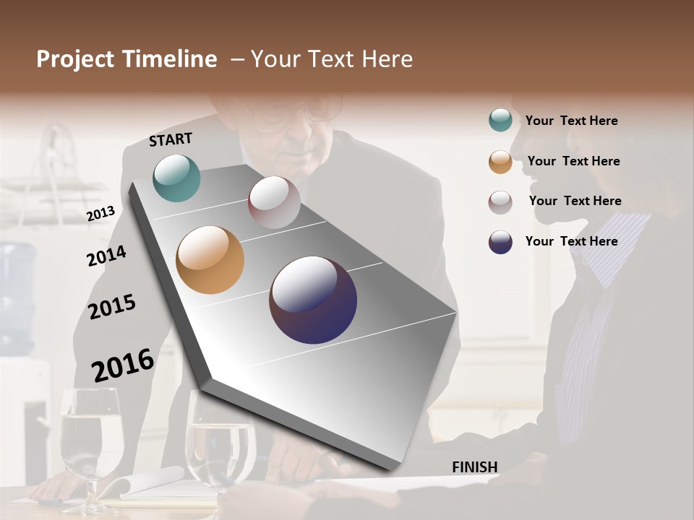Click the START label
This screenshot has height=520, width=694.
[x=171, y=139]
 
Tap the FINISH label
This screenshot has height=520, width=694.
[x=475, y=467]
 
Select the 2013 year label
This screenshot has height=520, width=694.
[x=100, y=213]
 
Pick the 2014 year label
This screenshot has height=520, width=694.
[x=106, y=256]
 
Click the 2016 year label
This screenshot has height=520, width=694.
[x=123, y=365]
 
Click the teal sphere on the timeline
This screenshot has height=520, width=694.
[x=176, y=178]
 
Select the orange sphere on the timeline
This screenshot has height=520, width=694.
[x=210, y=260]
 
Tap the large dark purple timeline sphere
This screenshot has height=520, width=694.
[x=313, y=300]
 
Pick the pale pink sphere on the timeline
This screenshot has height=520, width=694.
[x=274, y=202]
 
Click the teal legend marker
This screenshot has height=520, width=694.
[x=500, y=120]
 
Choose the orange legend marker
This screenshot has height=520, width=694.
[x=500, y=162]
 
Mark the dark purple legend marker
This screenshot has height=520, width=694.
[x=500, y=242]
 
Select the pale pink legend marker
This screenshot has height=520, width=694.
[x=500, y=202]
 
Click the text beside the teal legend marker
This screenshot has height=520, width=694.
[x=571, y=121]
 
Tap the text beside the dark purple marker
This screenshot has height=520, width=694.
[x=571, y=241]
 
